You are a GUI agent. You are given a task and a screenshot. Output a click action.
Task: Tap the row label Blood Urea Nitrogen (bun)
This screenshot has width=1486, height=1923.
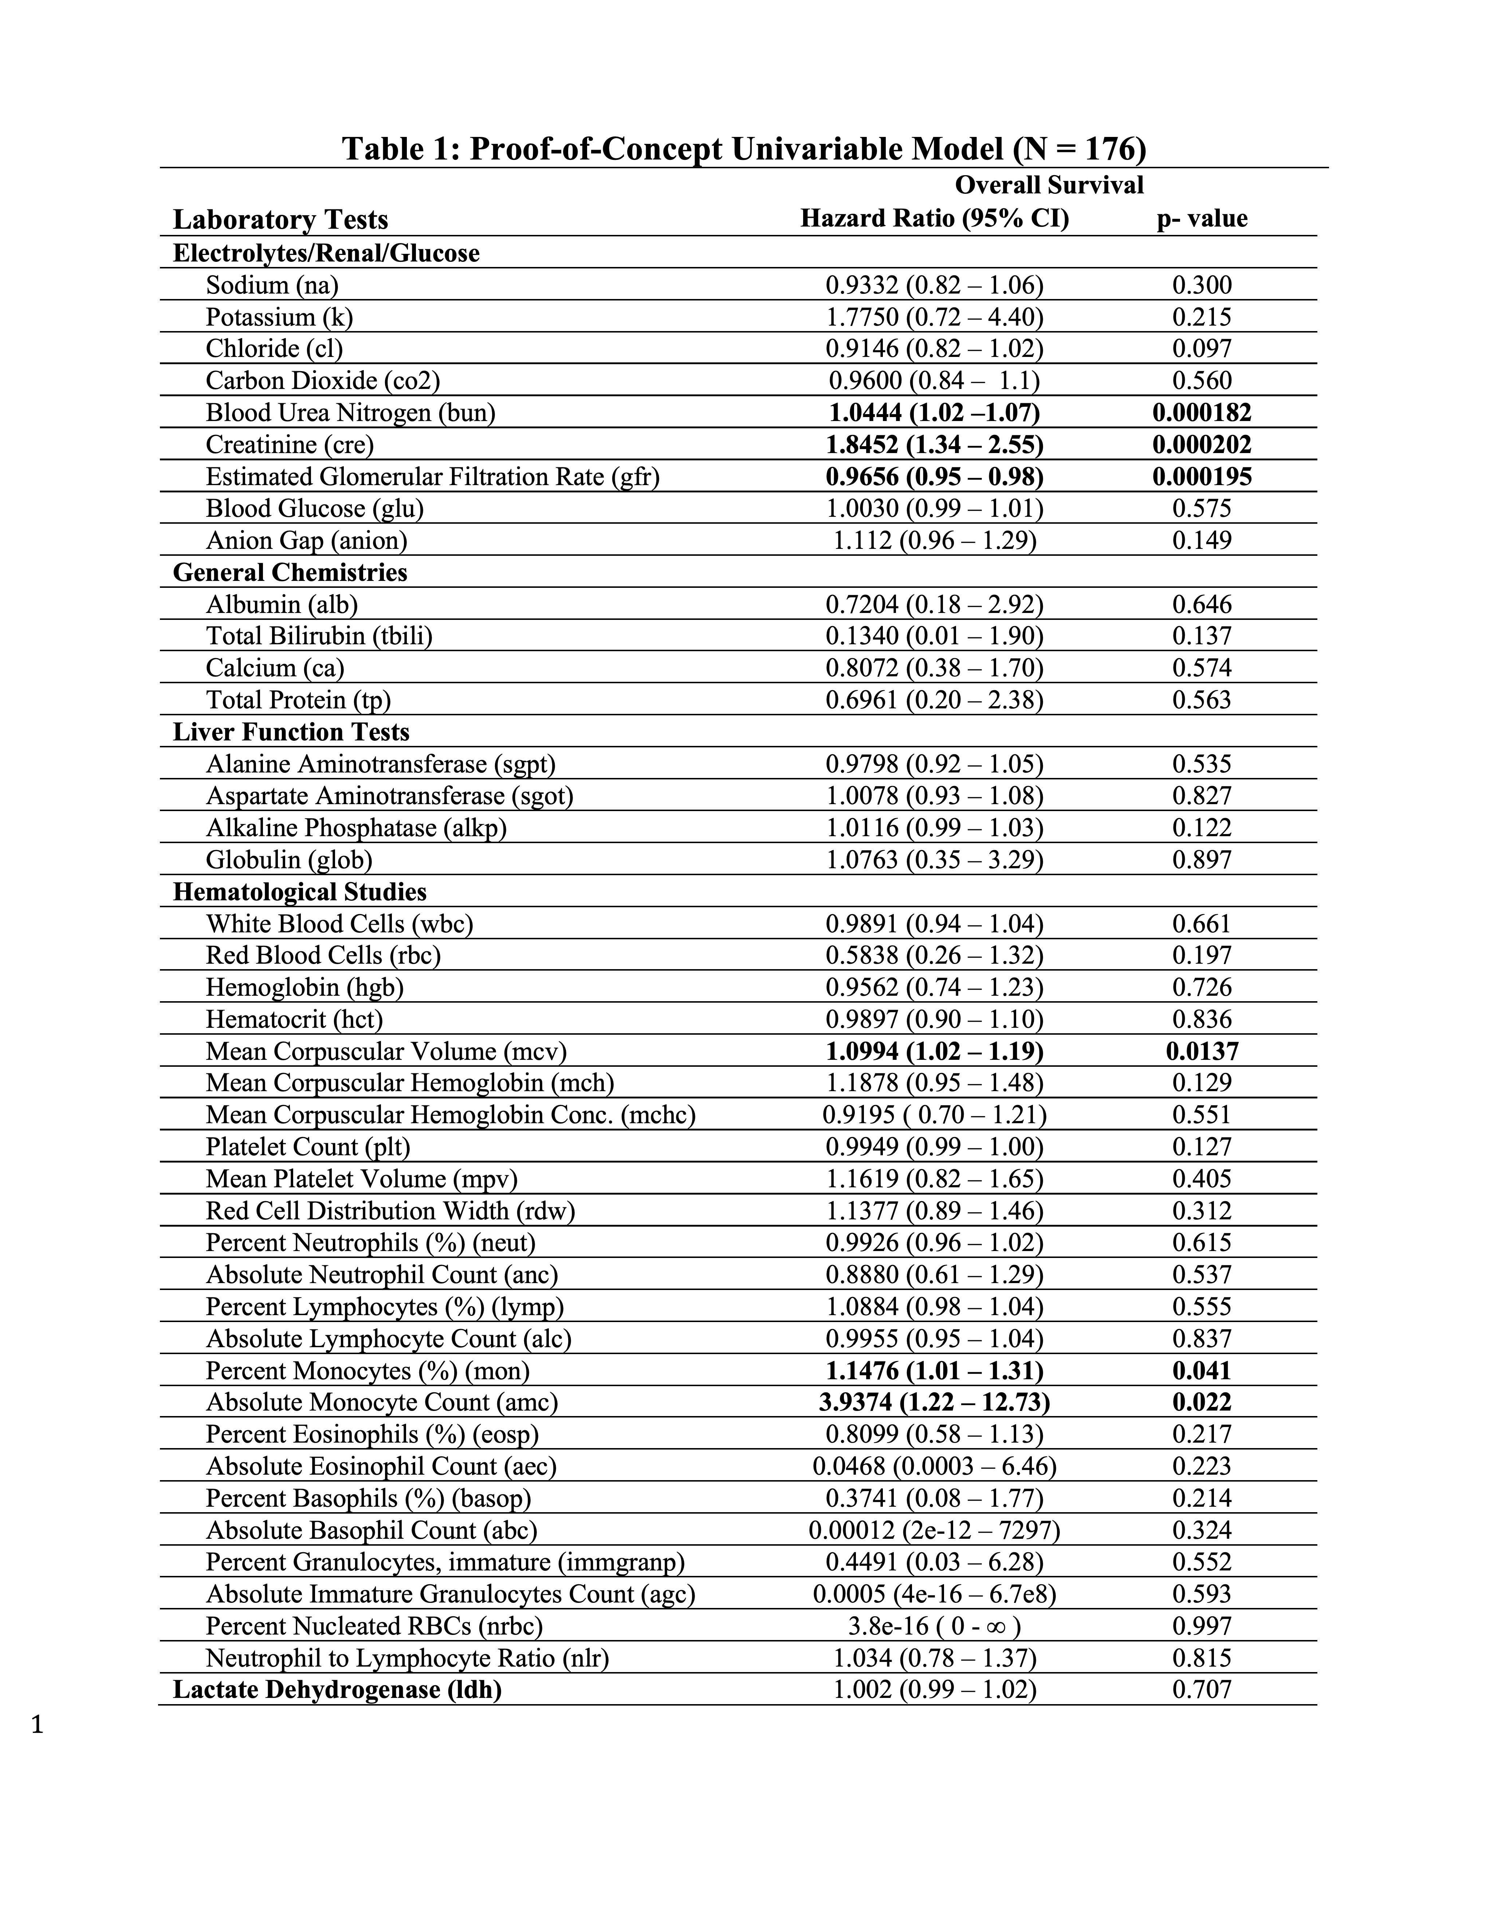[350, 413]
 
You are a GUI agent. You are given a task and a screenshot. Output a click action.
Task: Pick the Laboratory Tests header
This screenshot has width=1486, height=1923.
[280, 219]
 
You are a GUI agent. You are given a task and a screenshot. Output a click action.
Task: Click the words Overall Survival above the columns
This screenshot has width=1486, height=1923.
[1049, 185]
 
